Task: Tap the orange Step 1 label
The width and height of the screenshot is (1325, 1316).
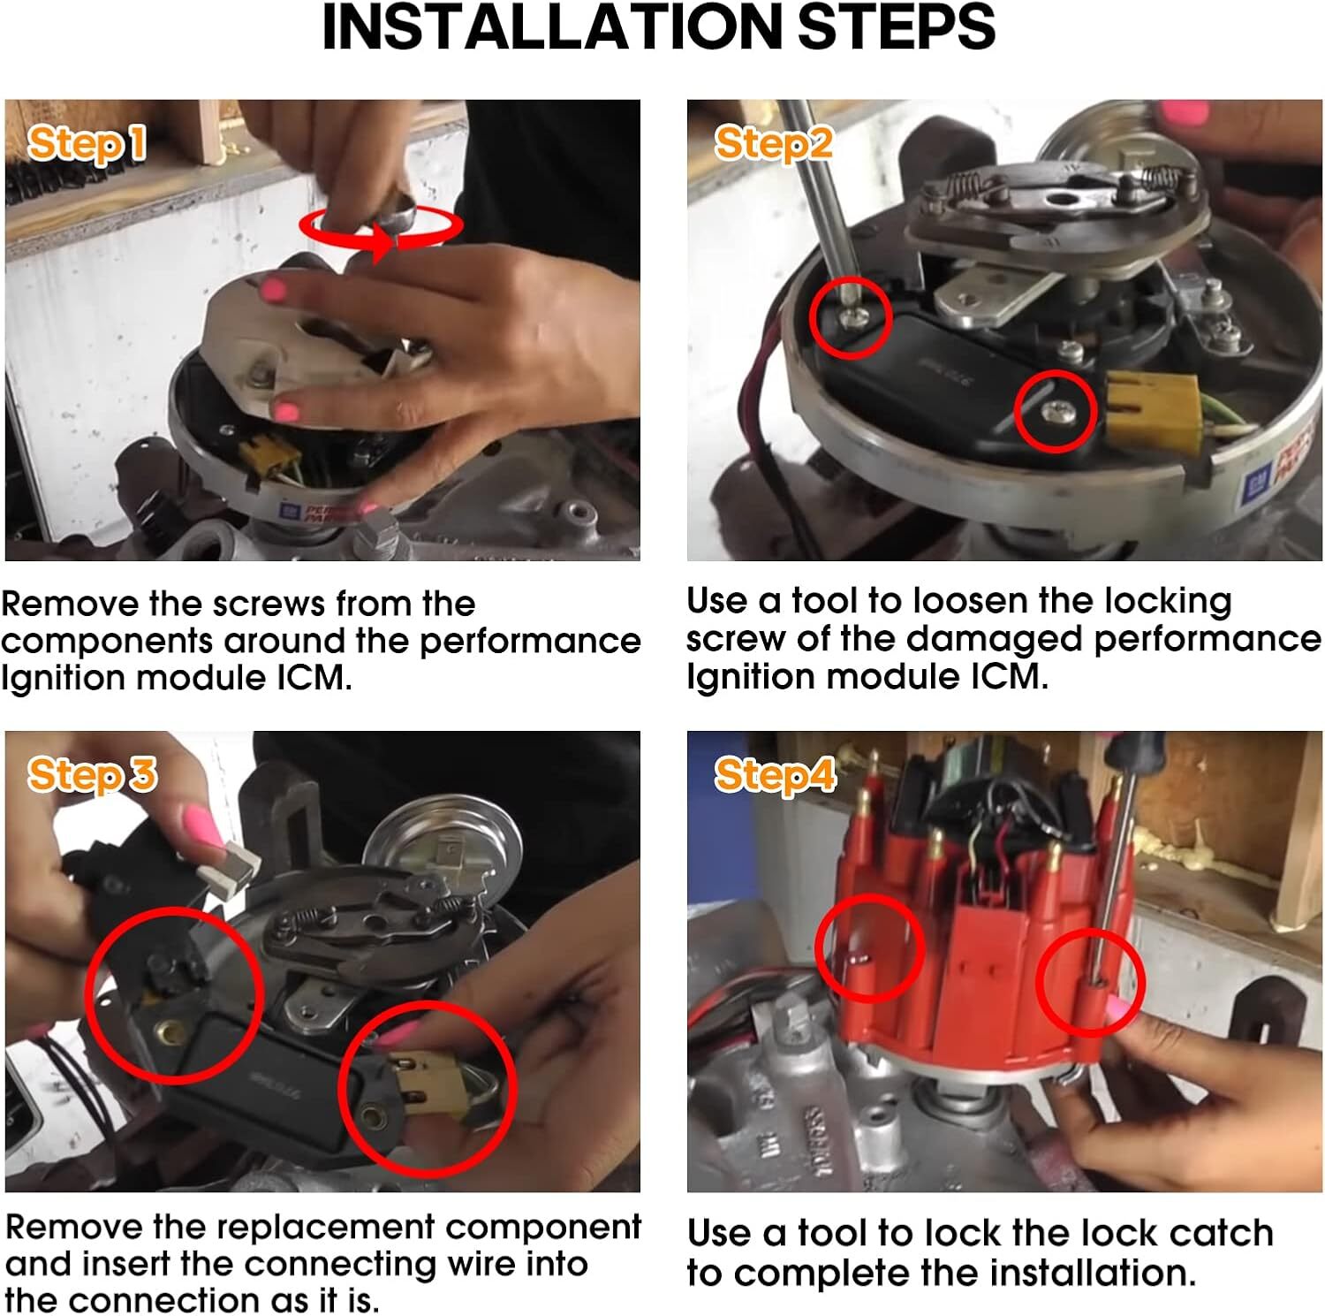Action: [87, 144]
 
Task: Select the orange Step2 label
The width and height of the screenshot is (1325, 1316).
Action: [773, 143]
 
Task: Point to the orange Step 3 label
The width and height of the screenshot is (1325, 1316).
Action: [92, 775]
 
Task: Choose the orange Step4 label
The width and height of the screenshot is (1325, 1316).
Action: [775, 775]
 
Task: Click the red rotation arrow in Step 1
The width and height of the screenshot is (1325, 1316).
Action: [381, 228]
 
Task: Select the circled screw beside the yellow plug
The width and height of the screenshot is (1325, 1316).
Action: [1056, 411]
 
